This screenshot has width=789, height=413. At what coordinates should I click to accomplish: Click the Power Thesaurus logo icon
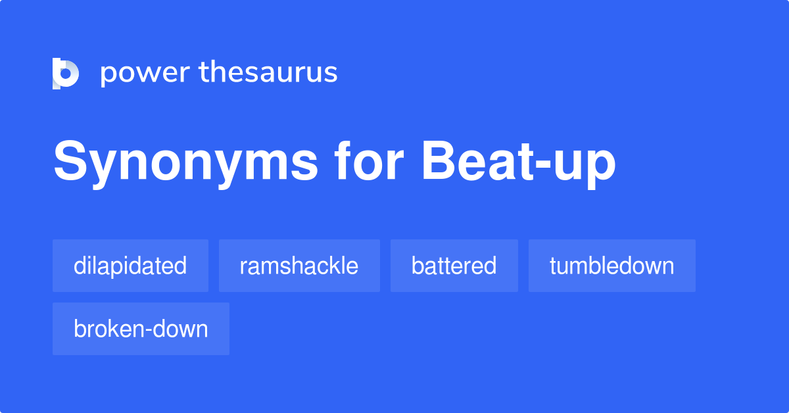point(66,73)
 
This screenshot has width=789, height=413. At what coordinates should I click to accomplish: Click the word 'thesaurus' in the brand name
point(268,72)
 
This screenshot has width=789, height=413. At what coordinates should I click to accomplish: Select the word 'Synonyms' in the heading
point(185,163)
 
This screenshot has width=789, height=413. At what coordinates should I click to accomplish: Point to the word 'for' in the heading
point(369,160)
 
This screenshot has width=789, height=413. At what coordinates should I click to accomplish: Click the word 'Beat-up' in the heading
point(519,163)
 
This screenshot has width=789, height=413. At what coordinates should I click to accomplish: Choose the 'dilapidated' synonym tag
point(130,266)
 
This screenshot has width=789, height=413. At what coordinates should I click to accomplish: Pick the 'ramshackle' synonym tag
point(299,266)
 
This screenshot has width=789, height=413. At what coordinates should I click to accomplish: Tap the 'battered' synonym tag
point(454,266)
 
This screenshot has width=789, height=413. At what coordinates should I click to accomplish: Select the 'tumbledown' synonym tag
point(612,266)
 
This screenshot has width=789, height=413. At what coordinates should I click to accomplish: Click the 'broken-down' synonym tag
point(141,329)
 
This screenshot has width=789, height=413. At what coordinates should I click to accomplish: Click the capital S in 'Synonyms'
point(70,160)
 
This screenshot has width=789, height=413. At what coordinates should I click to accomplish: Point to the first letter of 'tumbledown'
point(553,266)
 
